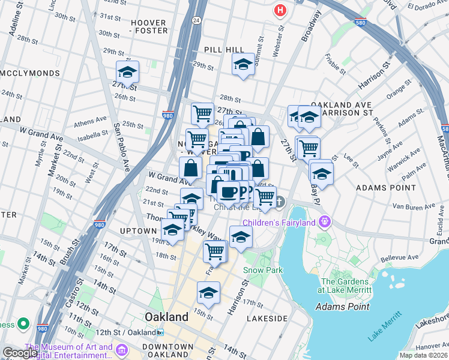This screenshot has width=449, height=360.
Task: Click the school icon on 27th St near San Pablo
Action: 127,73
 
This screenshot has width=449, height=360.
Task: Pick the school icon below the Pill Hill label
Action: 243,64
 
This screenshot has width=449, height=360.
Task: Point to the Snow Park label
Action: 262,271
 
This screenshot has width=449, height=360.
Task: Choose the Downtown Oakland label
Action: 168,350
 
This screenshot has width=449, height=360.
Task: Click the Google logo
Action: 19,352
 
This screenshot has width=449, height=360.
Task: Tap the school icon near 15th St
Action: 208,293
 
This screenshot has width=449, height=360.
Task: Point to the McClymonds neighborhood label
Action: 30,73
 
